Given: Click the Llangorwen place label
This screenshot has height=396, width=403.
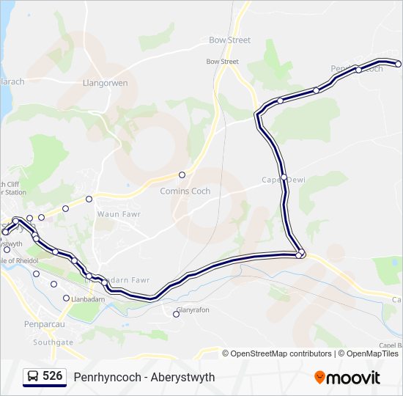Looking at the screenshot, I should click(106, 83).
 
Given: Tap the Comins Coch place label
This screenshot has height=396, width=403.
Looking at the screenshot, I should click(185, 191).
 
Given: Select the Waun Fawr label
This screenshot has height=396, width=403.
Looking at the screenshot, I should click(118, 214).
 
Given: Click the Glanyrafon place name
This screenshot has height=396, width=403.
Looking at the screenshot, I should click(192, 310).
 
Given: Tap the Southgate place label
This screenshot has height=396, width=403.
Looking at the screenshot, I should click(53, 342).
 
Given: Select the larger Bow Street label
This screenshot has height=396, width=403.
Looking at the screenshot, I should click(229, 40).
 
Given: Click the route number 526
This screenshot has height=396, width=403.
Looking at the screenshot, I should click(52, 376).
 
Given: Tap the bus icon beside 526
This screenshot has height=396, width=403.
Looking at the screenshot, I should click(33, 377).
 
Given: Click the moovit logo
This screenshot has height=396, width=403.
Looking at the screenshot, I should click(347, 378).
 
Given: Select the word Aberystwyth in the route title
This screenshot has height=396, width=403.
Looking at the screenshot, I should click(180, 378).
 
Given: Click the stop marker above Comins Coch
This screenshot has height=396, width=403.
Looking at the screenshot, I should click(182, 175).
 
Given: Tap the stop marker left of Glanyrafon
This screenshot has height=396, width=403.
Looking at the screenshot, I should click(176, 315).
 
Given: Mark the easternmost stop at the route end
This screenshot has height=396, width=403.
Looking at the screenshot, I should click(399, 64).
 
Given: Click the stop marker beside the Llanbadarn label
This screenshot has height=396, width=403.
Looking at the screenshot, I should click(66, 298).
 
